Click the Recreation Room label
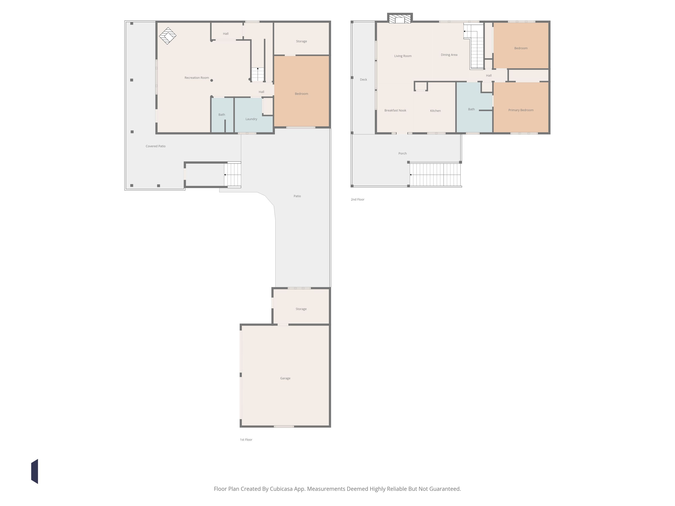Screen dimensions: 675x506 (197, 78)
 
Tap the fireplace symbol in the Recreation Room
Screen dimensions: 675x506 (167, 36)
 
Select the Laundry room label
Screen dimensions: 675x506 (251, 119)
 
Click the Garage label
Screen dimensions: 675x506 (285, 378)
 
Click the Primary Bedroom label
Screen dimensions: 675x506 (521, 110)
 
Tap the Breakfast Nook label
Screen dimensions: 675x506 (395, 110)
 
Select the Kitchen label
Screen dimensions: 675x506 (435, 111)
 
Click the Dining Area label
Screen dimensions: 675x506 (449, 55)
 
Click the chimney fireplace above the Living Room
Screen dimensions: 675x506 (400, 18)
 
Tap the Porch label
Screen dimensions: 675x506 (402, 153)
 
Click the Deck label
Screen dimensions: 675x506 (363, 80)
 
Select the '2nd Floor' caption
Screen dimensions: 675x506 (357, 199)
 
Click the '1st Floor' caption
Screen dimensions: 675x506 (246, 440)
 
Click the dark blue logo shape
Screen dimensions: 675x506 (34, 471)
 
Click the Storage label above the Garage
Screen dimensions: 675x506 (301, 309)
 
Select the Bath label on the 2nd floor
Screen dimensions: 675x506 (471, 109)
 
